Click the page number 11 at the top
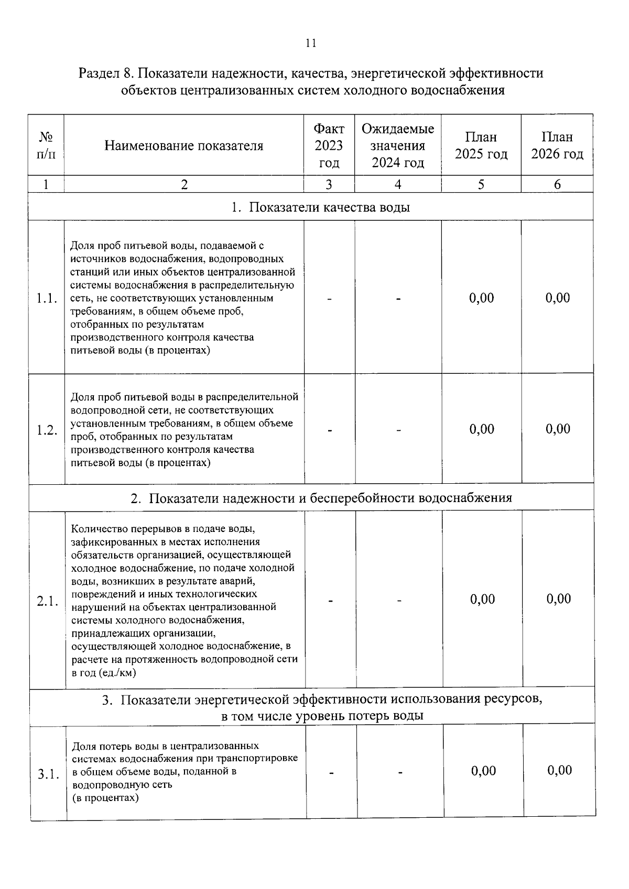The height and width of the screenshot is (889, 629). (311, 43)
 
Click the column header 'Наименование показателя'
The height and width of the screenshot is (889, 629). (183, 146)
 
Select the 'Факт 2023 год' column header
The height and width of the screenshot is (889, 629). (329, 146)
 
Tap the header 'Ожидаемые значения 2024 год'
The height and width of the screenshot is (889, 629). (398, 146)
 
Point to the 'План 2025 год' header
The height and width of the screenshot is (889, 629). (481, 146)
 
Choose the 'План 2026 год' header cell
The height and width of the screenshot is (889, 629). (557, 146)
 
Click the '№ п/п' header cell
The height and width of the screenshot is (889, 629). (46, 146)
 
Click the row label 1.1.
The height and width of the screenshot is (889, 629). (46, 299)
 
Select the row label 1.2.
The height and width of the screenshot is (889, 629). (47, 430)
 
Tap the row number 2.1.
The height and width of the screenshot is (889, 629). (47, 601)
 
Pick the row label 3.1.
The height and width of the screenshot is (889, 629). (48, 774)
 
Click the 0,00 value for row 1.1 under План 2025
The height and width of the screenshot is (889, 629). (481, 298)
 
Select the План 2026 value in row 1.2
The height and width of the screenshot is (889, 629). (558, 429)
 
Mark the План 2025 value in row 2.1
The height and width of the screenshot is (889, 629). (482, 599)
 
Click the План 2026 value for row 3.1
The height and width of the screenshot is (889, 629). (560, 770)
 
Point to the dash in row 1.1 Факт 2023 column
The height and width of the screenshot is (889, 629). (330, 299)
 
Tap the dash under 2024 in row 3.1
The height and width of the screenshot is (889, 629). (400, 772)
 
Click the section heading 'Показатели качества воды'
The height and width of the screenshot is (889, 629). (321, 207)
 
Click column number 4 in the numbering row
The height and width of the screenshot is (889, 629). (398, 184)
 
